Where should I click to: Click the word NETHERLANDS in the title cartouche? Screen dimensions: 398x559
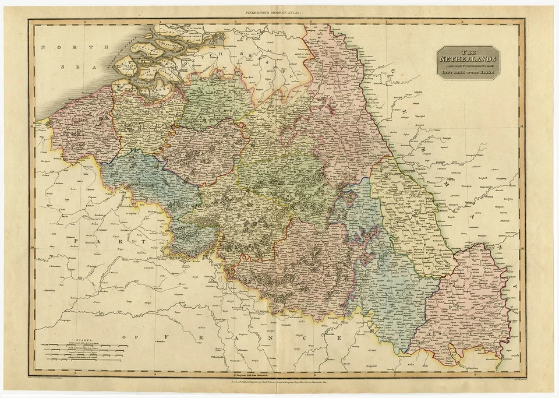(468, 59)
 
